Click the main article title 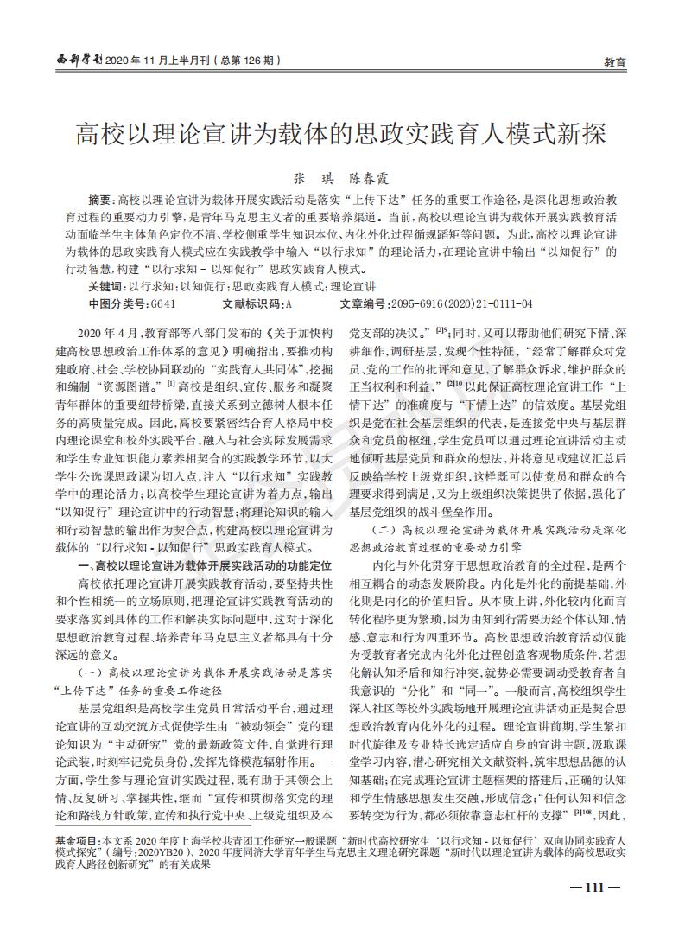(x=341, y=135)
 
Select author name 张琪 (x=308, y=177)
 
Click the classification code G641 (x=164, y=304)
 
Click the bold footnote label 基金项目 (x=75, y=839)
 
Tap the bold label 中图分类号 (x=118, y=304)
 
